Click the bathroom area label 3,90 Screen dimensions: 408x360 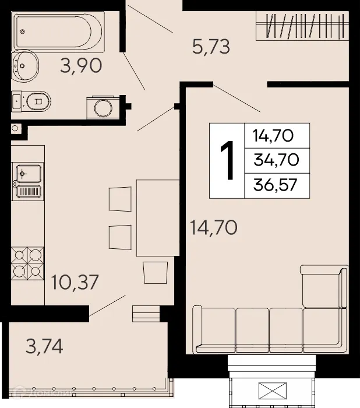coord(81,66)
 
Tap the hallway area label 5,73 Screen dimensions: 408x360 coord(211,46)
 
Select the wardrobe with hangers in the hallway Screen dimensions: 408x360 coord(302,27)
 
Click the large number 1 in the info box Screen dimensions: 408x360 coord(227,161)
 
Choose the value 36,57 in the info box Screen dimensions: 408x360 coord(276,185)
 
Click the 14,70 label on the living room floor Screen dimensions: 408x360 coord(213,226)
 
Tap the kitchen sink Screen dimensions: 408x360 coord(27,174)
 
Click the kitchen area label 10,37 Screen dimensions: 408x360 coord(74,283)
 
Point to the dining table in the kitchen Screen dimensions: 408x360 coord(157,217)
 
